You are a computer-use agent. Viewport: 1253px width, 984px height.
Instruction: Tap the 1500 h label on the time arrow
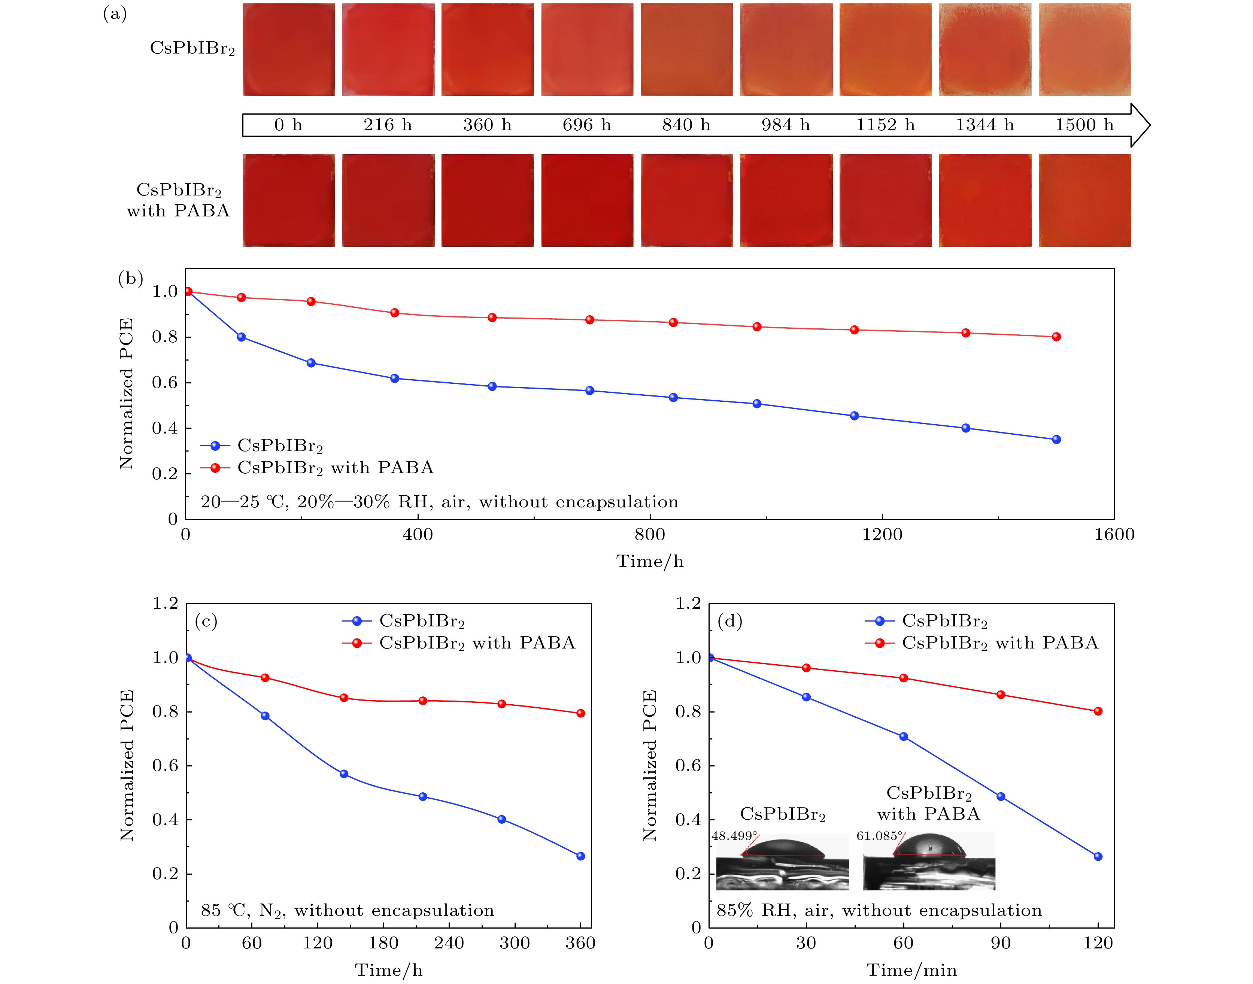coord(1084,125)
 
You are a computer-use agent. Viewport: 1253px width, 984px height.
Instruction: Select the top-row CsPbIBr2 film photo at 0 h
coord(289,49)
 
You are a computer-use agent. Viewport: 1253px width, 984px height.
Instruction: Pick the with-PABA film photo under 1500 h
coord(1085,200)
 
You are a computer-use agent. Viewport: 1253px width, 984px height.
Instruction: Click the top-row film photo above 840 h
coord(687,49)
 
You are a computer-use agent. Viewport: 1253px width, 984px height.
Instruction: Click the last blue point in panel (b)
coord(1056,440)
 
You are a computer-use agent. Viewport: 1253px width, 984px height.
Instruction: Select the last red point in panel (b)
coord(1056,337)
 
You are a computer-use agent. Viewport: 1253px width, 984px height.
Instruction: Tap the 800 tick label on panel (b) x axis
coord(650,535)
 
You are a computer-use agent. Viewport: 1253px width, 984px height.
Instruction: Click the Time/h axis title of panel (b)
coord(650,561)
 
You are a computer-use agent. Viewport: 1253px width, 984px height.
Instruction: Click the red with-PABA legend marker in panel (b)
coord(215,468)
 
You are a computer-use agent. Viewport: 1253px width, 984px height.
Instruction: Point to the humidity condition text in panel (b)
coord(439,502)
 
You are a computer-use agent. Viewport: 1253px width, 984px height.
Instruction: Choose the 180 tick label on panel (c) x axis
coord(383,943)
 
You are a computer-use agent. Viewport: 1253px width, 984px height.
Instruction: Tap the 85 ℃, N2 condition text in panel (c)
coord(348,910)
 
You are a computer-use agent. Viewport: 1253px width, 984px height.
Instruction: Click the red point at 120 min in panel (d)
coord(1098,711)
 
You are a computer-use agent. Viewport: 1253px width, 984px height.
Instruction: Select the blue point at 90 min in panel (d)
coord(1001,797)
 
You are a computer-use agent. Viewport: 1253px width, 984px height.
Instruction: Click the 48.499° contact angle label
coord(734,836)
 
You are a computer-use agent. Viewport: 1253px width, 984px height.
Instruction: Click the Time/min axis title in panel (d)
coord(911,970)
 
